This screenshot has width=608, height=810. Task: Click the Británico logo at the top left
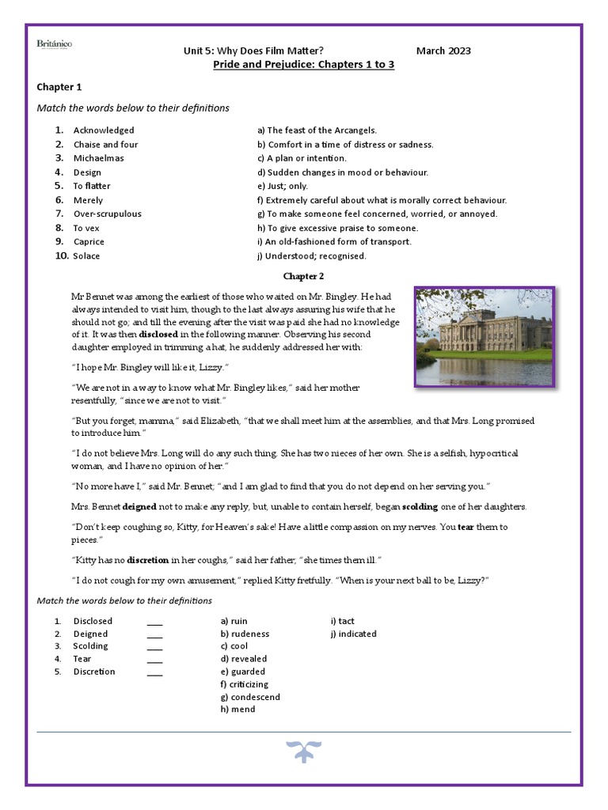[x=55, y=45]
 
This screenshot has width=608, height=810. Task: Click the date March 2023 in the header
[x=443, y=51]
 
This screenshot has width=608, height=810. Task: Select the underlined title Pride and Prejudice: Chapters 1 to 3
[x=304, y=64]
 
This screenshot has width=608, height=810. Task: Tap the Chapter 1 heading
[x=59, y=87]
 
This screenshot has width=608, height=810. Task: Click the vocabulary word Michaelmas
[x=98, y=158]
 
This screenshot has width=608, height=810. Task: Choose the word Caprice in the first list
[x=89, y=242]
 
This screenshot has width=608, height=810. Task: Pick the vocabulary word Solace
[x=87, y=256]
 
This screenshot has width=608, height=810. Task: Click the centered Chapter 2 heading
[x=303, y=276]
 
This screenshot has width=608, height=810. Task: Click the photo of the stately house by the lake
[x=484, y=337]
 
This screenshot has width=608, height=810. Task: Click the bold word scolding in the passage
[x=420, y=506]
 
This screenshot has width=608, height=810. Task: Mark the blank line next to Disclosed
[x=154, y=622]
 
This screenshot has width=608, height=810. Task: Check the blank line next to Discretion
[x=154, y=672]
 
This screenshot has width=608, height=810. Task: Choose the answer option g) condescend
[x=250, y=697]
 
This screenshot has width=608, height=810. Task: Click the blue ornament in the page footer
[x=303, y=751]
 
